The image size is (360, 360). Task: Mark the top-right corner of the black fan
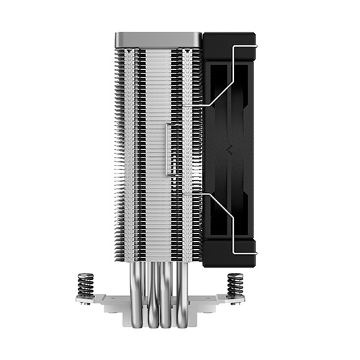pos(255,35)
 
